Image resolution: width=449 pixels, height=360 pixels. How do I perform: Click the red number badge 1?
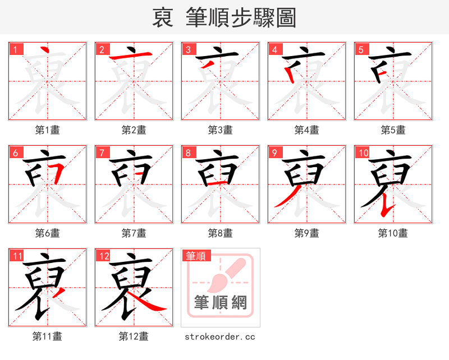click(x=15, y=49)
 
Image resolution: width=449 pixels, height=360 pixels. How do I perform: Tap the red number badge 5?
click(x=361, y=49)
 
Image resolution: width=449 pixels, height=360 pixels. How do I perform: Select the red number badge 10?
click(x=363, y=153)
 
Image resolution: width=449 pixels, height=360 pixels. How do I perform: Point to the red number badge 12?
click(x=103, y=256)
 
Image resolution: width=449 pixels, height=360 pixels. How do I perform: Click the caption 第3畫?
click(x=220, y=130)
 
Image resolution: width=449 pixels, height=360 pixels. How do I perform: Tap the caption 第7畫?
click(x=134, y=233)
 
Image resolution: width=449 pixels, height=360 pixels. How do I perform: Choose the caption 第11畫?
click(x=47, y=336)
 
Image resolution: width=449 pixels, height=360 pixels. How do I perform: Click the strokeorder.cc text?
click(x=220, y=336)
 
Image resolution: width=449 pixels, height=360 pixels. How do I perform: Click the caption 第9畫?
click(x=306, y=233)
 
